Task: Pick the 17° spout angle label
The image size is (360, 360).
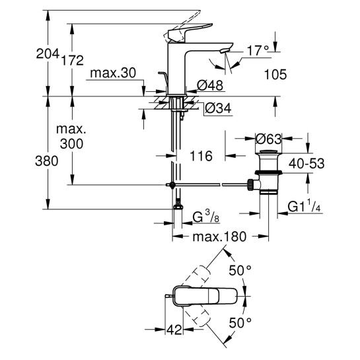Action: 257,50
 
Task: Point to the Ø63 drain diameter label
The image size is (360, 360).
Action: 269,139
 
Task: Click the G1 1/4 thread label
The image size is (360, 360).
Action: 305,207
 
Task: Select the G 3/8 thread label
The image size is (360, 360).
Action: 207,217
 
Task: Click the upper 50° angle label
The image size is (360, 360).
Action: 240,270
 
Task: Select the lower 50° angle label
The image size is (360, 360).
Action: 240,322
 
